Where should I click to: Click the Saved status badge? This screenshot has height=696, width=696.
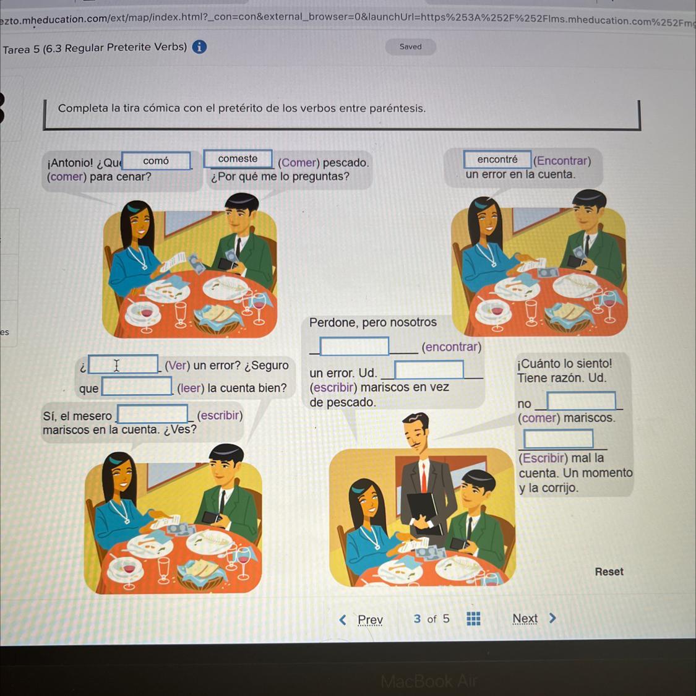click(x=410, y=46)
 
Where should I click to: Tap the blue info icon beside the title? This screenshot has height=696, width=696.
click(x=199, y=46)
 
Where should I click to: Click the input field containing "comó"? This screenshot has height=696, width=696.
click(x=157, y=161)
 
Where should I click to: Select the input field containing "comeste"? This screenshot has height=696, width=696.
click(x=238, y=159)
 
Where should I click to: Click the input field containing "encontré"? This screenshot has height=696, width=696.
click(x=497, y=160)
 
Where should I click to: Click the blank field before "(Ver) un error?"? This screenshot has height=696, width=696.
click(x=123, y=364)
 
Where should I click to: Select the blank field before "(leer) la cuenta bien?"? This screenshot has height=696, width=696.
click(x=137, y=386)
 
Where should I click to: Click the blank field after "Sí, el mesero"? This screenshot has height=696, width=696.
click(x=152, y=414)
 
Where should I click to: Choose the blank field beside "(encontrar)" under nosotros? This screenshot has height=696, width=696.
click(x=354, y=346)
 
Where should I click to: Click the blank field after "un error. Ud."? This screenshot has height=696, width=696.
click(x=429, y=369)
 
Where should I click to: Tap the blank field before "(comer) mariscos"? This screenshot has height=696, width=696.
click(x=581, y=401)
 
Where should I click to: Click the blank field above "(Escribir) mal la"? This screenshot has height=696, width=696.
click(x=558, y=439)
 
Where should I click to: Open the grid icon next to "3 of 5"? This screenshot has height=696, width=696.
click(x=473, y=618)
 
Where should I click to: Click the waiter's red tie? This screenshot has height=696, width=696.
click(x=423, y=477)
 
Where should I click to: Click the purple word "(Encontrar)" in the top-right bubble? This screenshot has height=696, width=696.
click(x=562, y=161)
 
